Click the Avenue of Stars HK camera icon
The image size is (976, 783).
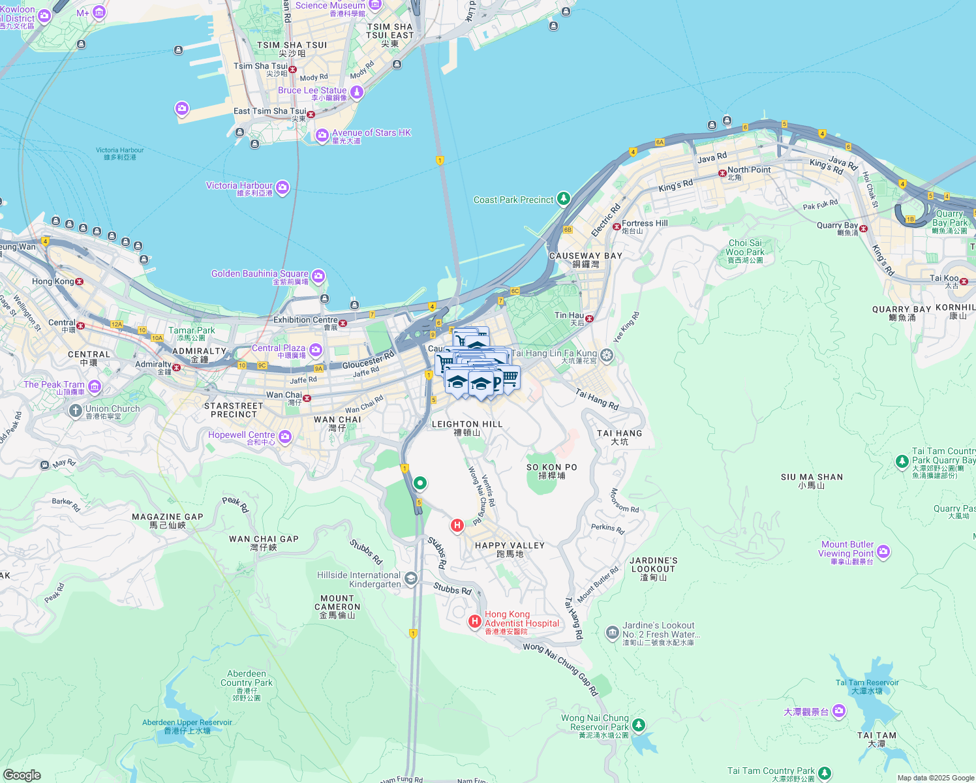pyautogui.click(x=322, y=136)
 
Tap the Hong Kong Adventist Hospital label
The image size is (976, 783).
pyautogui.click(x=521, y=622)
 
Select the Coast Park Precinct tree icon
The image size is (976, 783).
pyautogui.click(x=563, y=199)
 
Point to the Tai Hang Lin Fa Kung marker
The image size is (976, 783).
pyautogui.click(x=607, y=355)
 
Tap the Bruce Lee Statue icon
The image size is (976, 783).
pyautogui.click(x=356, y=93)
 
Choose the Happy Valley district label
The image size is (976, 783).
pyautogui.click(x=510, y=549)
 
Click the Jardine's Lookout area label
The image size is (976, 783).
pyautogui.click(x=654, y=569)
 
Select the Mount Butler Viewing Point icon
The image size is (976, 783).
pyautogui.click(x=883, y=552)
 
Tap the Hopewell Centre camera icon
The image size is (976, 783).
pyautogui.click(x=284, y=437)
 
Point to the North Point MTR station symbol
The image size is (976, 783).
pyautogui.click(x=722, y=173)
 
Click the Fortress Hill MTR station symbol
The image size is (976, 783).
pyautogui.click(x=617, y=226)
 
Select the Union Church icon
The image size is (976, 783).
pyautogui.click(x=76, y=410)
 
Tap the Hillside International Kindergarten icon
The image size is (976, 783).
pyautogui.click(x=410, y=578)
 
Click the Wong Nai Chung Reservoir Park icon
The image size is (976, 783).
pyautogui.click(x=639, y=725)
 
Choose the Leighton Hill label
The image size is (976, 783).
pyautogui.click(x=467, y=428)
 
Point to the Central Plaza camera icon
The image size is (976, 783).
pyautogui.click(x=316, y=350)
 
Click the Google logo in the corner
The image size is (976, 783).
pyautogui.click(x=22, y=775)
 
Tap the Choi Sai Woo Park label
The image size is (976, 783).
pyautogui.click(x=745, y=251)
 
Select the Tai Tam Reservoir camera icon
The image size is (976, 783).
pyautogui.click(x=839, y=711)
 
